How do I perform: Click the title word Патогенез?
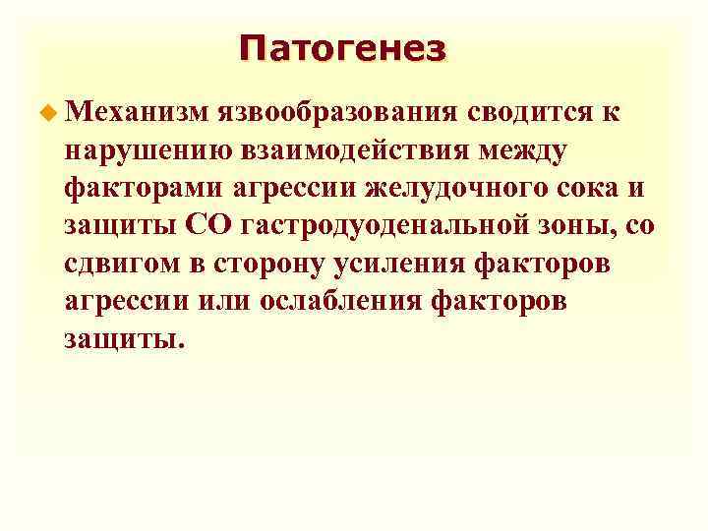tap(341, 48)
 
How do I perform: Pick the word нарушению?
tap(147, 151)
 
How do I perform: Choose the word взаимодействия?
tap(363, 151)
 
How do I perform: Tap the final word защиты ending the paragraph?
tap(123, 338)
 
